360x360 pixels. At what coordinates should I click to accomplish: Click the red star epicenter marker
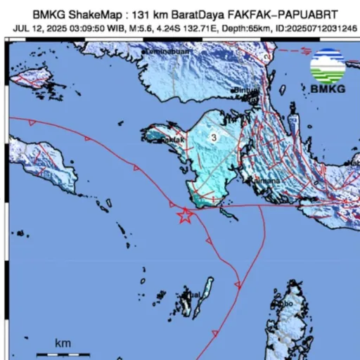coord(184,216)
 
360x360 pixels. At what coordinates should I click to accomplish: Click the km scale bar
coord(64,349)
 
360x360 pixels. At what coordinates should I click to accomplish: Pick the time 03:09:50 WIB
coord(89,29)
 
